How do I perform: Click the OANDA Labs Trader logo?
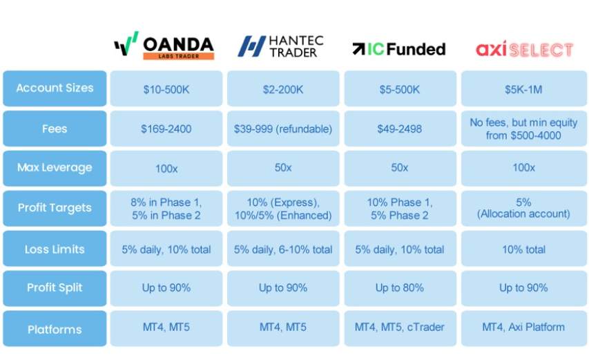[164, 46]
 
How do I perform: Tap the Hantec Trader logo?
[280, 46]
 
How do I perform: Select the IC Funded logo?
[399, 49]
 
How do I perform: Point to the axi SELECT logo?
[524, 49]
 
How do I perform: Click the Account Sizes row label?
[55, 88]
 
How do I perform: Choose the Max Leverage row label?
[55, 168]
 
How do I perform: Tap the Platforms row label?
[55, 328]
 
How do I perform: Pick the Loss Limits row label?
[55, 248]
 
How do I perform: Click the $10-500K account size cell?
[166, 88]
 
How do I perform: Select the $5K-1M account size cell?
[523, 88]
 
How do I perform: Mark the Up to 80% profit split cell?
[400, 288]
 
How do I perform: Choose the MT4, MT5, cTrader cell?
[400, 328]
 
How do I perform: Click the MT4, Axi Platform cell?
[523, 328]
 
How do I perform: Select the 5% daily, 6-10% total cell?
[283, 248]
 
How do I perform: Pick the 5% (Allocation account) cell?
[523, 208]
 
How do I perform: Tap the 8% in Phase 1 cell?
[166, 208]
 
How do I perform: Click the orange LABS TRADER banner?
[178, 56]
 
